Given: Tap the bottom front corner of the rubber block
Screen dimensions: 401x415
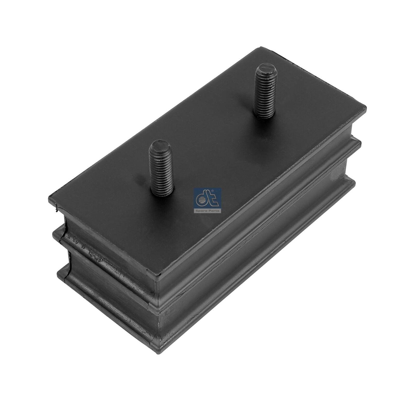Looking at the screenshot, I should [x=161, y=351].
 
